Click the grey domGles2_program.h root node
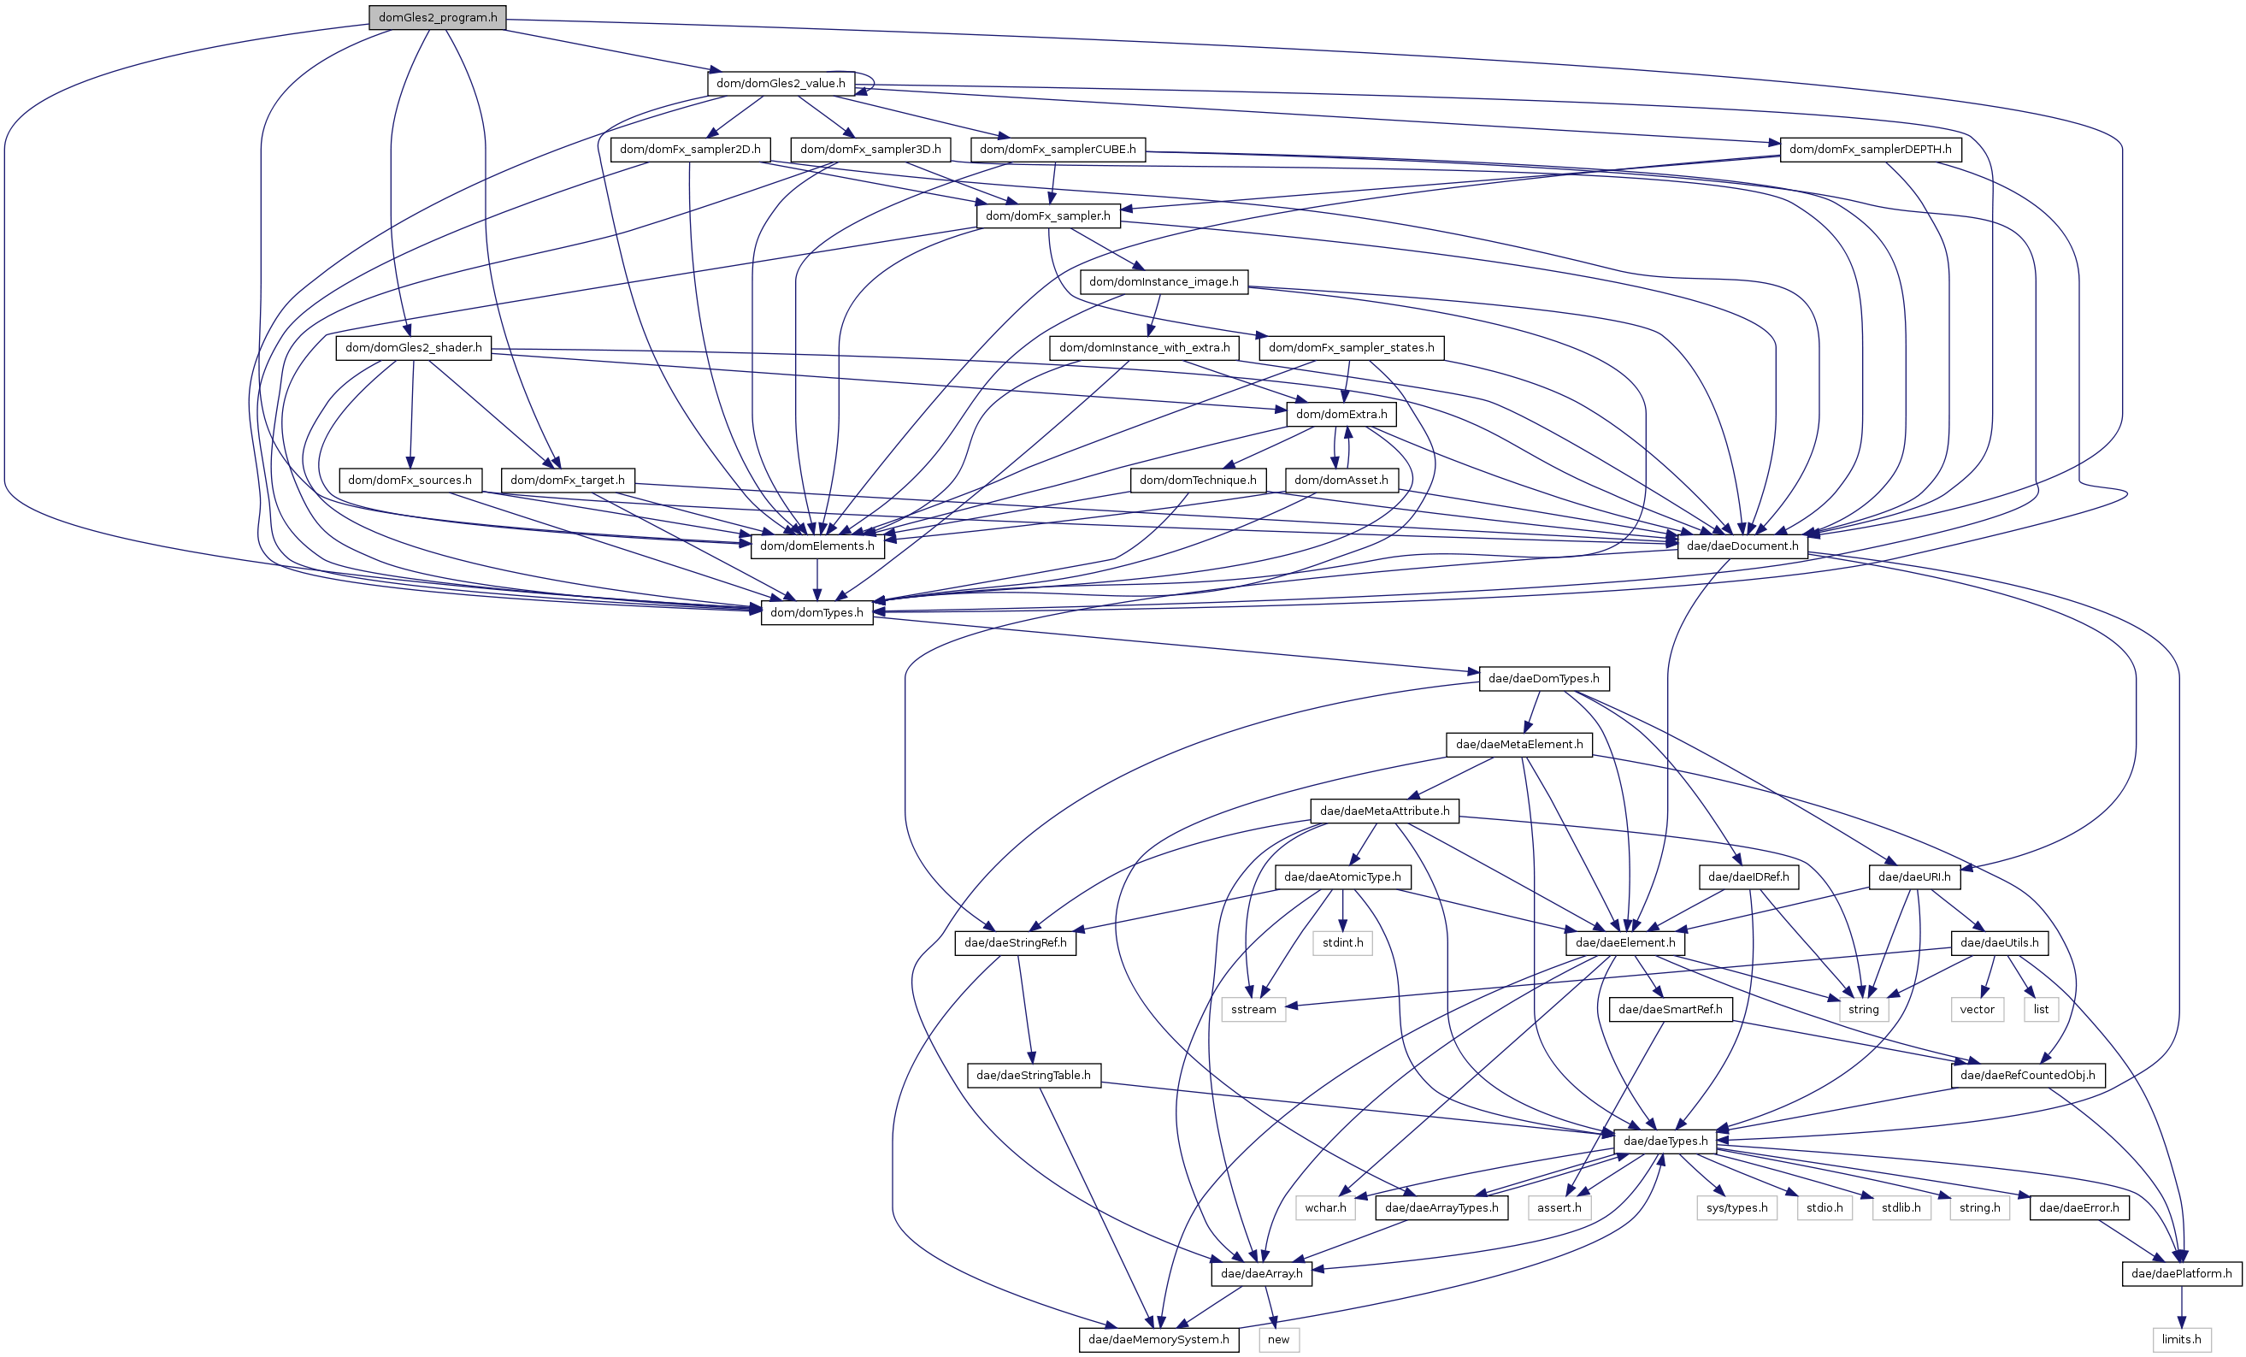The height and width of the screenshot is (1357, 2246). tap(438, 17)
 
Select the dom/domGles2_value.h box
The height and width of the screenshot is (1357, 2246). tap(781, 83)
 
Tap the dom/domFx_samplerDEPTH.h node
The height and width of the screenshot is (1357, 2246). tap(1870, 150)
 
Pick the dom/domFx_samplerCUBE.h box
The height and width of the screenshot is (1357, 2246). tap(1058, 150)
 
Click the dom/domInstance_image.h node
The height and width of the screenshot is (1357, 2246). tap(1163, 281)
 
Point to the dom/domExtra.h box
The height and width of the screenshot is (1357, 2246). tap(1341, 414)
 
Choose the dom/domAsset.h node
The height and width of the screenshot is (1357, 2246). tap(1341, 481)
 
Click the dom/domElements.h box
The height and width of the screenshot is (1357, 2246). tap(816, 546)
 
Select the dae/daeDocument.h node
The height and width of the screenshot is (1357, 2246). tap(1742, 546)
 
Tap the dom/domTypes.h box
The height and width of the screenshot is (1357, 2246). tap(816, 612)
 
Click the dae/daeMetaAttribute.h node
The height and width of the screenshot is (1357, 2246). tap(1383, 811)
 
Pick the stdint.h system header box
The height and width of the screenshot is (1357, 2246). tap(1342, 943)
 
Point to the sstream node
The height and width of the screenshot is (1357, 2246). tap(1253, 1010)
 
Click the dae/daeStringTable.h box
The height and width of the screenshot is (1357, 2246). tap(1033, 1076)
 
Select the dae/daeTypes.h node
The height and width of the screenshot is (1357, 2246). tap(1665, 1141)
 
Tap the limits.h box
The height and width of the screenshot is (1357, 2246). tap(2181, 1340)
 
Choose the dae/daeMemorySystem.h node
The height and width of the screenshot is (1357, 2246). tap(1158, 1340)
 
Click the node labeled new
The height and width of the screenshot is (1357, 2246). tap(1278, 1340)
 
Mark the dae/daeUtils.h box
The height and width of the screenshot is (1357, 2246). tap(1999, 943)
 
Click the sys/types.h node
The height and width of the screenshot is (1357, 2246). tap(1736, 1207)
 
